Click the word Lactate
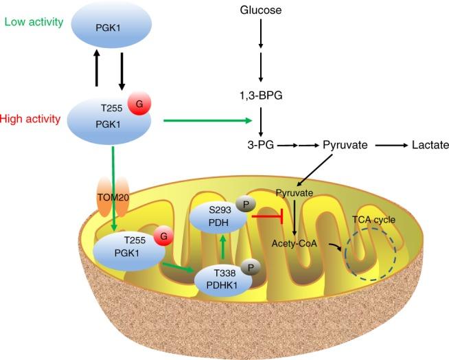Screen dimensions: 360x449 [x=429, y=145]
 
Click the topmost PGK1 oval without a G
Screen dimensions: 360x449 [x=108, y=28]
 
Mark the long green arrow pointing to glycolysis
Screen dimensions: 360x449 [x=206, y=122]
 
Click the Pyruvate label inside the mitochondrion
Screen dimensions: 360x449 [x=296, y=194]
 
